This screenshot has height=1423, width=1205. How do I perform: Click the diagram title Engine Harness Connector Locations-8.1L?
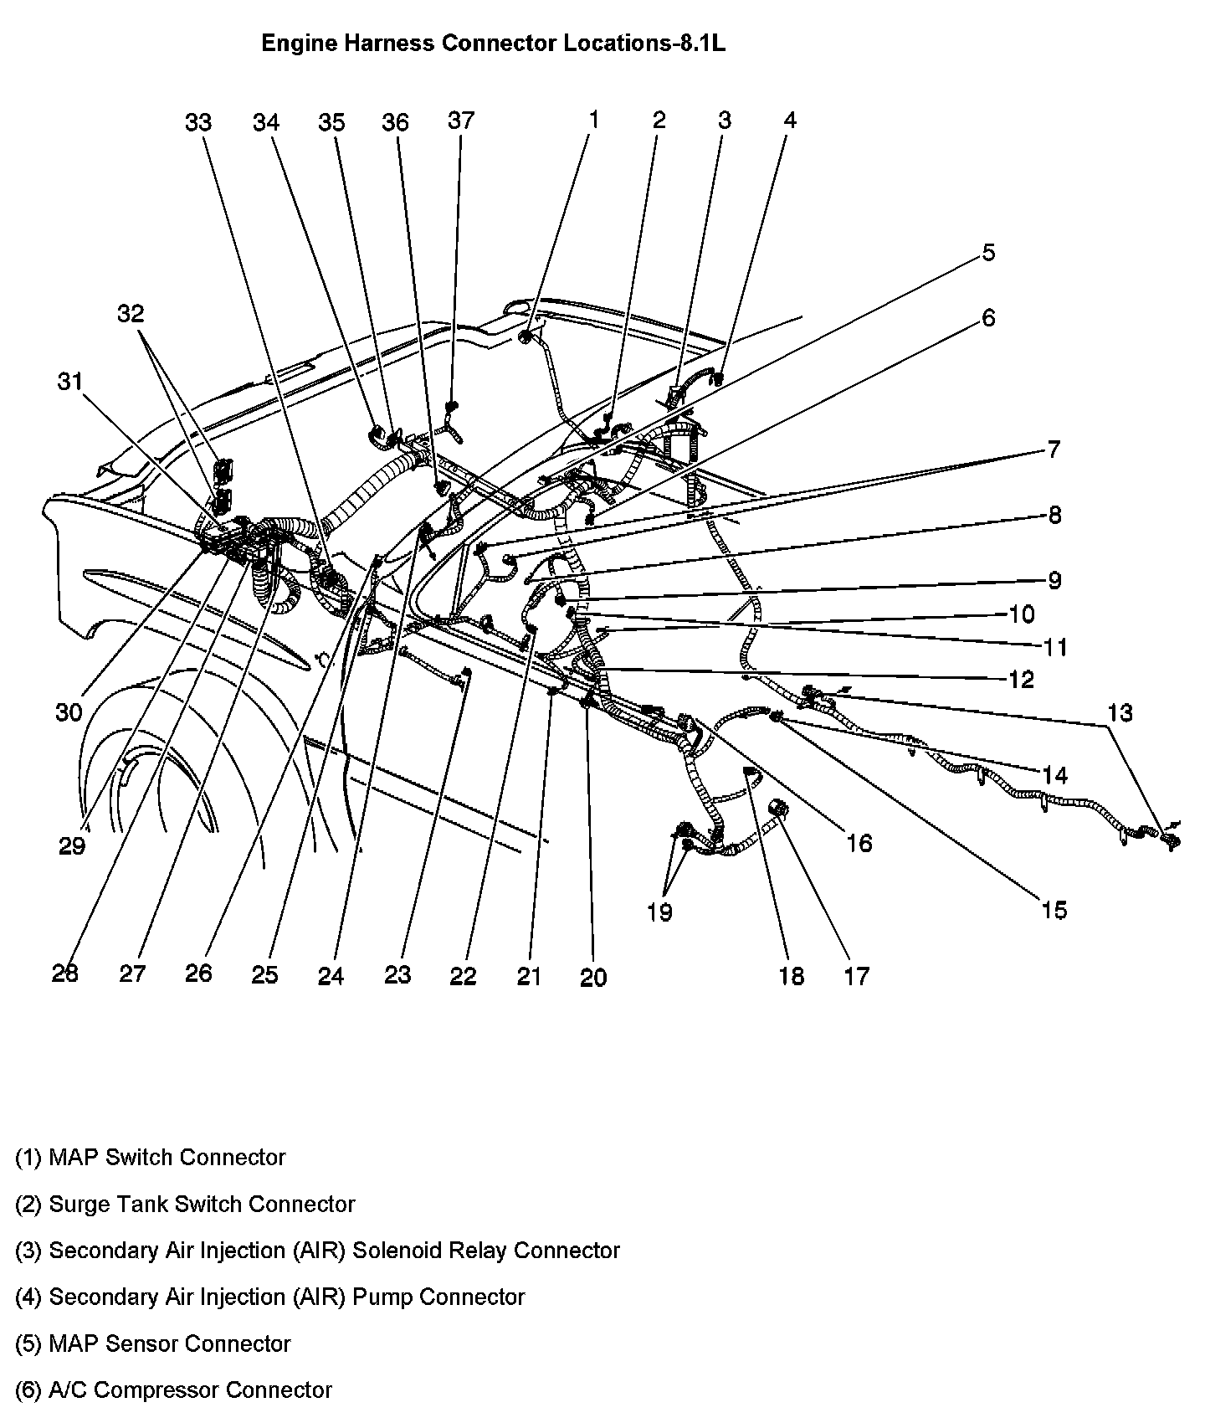[x=493, y=44]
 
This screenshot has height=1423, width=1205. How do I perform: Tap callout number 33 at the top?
[x=198, y=123]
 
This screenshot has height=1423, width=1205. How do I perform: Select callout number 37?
[x=461, y=121]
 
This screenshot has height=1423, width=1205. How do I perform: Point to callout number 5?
[x=988, y=253]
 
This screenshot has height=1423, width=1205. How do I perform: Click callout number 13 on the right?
[x=1120, y=713]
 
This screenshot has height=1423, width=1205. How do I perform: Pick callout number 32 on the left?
[x=131, y=314]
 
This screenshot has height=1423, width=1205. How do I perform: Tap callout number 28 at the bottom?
[x=65, y=973]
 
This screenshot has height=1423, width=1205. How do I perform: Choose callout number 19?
[x=659, y=912]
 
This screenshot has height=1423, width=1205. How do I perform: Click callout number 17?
[x=857, y=976]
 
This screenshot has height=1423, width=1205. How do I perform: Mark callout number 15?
[x=1054, y=910]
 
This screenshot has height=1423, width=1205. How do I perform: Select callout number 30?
[x=69, y=712]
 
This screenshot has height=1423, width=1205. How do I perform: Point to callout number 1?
[x=593, y=120]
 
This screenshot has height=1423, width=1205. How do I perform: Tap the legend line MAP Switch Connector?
[x=151, y=1158]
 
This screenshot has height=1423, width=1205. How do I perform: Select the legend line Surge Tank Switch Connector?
[x=185, y=1205]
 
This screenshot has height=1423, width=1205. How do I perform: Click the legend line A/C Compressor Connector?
[x=173, y=1390]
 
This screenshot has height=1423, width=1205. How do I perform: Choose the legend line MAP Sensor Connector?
[x=153, y=1344]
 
